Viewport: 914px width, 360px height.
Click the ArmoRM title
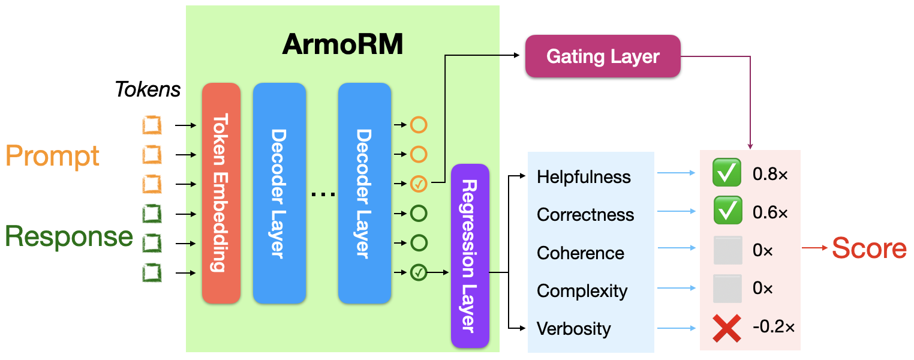tap(342, 45)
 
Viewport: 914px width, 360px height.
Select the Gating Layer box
tap(603, 56)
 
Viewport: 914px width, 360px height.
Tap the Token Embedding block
tap(221, 193)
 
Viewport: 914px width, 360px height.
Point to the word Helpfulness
tap(584, 177)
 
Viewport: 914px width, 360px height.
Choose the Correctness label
tap(585, 215)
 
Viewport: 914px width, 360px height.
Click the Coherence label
tap(581, 253)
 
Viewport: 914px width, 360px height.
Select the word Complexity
tap(582, 291)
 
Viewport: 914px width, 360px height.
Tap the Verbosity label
tap(574, 329)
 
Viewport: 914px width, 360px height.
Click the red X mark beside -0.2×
tap(727, 327)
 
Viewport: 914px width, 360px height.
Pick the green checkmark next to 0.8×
tap(727, 174)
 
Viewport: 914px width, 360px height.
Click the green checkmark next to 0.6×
tap(727, 212)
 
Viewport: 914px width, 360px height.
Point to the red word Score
tap(869, 248)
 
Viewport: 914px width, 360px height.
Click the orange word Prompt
tap(53, 156)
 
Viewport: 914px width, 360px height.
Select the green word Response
tap(69, 236)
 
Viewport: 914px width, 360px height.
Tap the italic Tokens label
tap(148, 89)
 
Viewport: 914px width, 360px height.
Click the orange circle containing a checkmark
tap(419, 184)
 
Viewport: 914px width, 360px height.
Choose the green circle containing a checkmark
tap(419, 273)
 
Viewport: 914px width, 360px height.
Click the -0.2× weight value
tap(773, 327)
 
